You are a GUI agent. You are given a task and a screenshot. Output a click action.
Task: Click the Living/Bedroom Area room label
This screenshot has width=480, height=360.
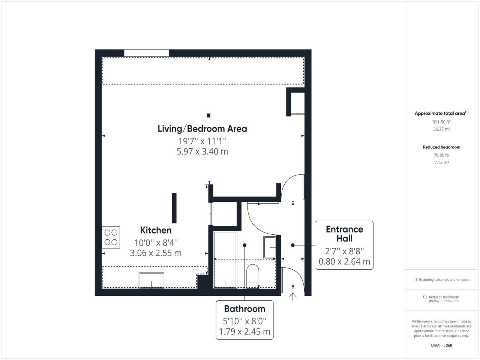point(202,129)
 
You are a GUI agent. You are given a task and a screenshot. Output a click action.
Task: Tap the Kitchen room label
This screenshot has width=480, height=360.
point(156,230)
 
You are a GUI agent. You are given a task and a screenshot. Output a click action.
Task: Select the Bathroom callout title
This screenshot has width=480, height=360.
point(244,309)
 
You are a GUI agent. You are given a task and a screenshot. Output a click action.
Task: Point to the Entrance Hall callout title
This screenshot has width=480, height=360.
point(344,234)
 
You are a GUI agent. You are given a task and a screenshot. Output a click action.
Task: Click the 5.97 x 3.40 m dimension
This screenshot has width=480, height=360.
point(202,151)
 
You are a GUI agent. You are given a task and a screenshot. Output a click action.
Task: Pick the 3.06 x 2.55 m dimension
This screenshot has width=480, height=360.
point(156,253)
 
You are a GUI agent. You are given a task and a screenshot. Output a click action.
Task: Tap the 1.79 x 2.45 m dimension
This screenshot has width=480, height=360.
point(244,331)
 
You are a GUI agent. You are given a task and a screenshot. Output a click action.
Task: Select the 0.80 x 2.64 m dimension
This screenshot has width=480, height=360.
point(344,261)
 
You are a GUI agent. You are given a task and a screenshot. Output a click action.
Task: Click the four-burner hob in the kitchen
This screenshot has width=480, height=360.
point(111,237)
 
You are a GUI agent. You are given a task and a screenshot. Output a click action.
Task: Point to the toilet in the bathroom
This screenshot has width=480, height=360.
point(253,276)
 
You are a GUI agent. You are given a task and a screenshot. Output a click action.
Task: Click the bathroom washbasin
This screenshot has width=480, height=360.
point(270,247)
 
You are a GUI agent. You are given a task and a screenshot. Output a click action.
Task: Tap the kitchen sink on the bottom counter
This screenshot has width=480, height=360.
point(151,280)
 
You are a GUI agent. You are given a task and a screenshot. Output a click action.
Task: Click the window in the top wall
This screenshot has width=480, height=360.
point(147,53)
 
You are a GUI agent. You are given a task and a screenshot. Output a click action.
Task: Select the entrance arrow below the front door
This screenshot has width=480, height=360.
point(293,297)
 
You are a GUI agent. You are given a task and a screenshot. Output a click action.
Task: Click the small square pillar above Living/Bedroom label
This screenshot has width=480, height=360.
point(208,115)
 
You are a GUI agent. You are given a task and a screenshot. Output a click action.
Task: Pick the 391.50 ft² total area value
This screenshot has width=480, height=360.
point(441,122)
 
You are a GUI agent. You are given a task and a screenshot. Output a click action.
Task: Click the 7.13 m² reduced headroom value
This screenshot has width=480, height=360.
point(441,162)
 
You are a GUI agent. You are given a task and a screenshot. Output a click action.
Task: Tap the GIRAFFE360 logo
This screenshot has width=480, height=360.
point(441,345)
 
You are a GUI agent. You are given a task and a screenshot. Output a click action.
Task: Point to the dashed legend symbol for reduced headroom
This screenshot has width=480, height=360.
point(425,297)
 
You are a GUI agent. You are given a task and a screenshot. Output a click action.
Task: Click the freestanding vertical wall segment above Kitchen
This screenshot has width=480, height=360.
point(174,208)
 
